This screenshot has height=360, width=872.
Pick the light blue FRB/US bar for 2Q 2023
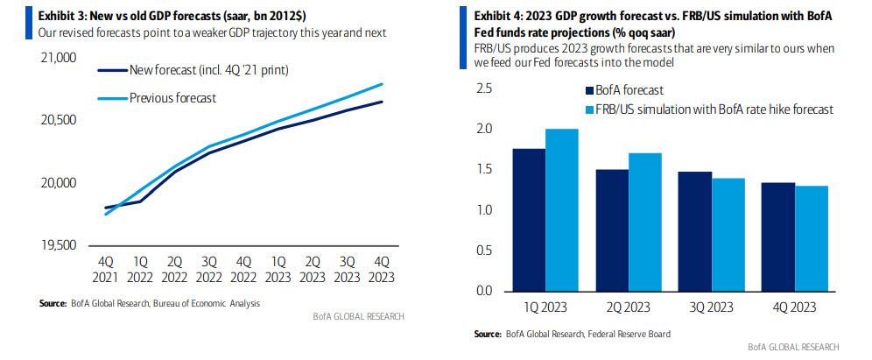tap(644, 222)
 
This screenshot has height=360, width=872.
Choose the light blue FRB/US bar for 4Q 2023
tap(811, 237)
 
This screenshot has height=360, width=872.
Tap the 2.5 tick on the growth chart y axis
tap(483, 89)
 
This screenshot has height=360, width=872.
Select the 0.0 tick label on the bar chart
tap(483, 290)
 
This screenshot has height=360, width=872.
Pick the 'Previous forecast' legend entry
tap(172, 98)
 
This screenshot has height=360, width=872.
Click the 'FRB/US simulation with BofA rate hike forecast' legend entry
tap(714, 109)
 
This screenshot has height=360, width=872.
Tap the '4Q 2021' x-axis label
tap(105, 269)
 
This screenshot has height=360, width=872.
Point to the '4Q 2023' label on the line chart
tap(382, 269)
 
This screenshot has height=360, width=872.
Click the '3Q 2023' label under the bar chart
tap(711, 307)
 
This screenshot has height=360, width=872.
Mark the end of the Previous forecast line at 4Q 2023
tap(382, 84)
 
